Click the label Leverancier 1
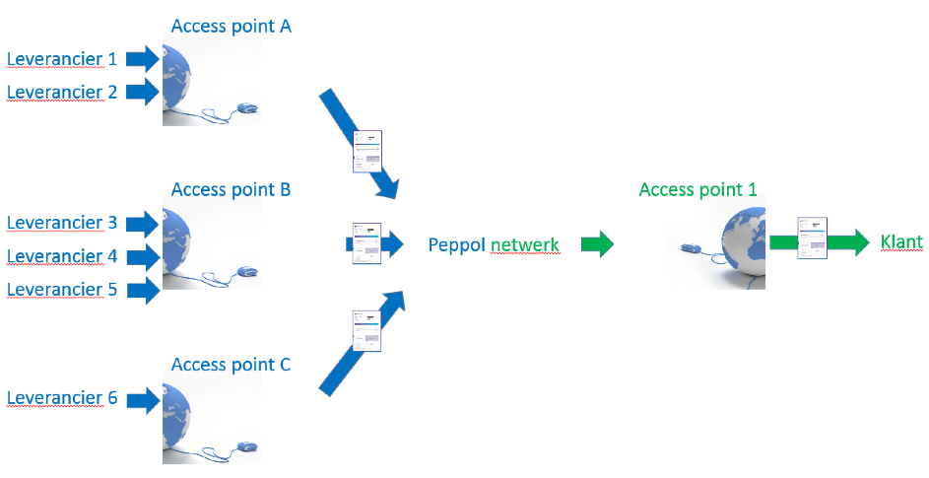coord(62,59)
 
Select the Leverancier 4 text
coord(62,256)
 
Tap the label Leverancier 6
coord(62,397)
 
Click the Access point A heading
coord(232,26)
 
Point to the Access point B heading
coord(232,190)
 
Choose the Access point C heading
coord(232,365)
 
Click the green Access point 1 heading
coord(697,190)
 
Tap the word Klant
coord(901,242)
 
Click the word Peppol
coord(456,245)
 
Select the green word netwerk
coord(525,245)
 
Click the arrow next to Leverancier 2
coord(143,92)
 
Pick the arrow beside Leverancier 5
coord(143,290)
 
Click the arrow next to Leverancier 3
coord(143,224)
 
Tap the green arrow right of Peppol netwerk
coord(597,244)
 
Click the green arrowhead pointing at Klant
coord(856,242)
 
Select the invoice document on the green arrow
coord(813,239)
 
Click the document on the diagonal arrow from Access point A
coord(367,151)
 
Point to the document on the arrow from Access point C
coord(366,331)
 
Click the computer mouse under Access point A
coord(247,108)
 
